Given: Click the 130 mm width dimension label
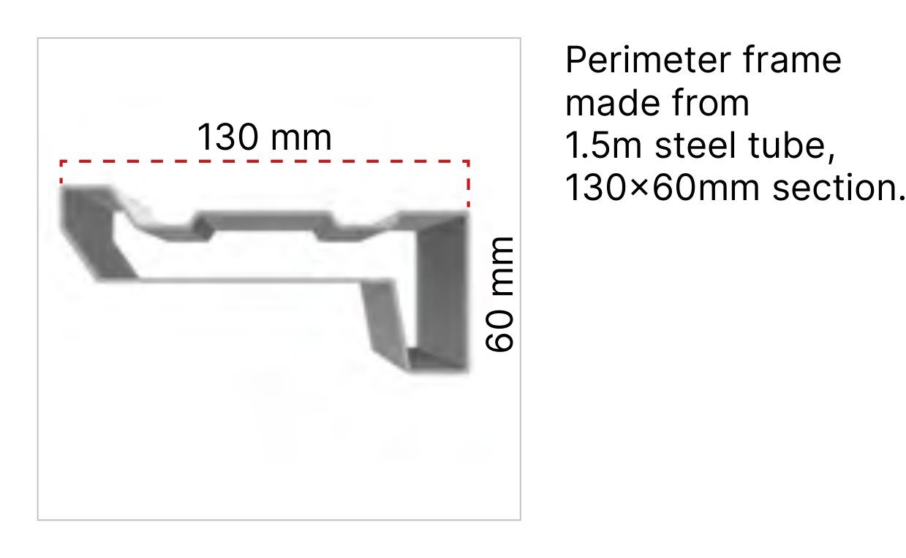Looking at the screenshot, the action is click(264, 137).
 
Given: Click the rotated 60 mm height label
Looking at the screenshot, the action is click(499, 294).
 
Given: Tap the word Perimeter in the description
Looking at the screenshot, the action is click(648, 60).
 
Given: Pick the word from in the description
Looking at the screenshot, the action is click(711, 103).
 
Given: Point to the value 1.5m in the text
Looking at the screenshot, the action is click(603, 145).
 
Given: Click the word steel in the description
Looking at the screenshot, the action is click(694, 145).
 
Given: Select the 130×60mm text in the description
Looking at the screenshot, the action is click(662, 188).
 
